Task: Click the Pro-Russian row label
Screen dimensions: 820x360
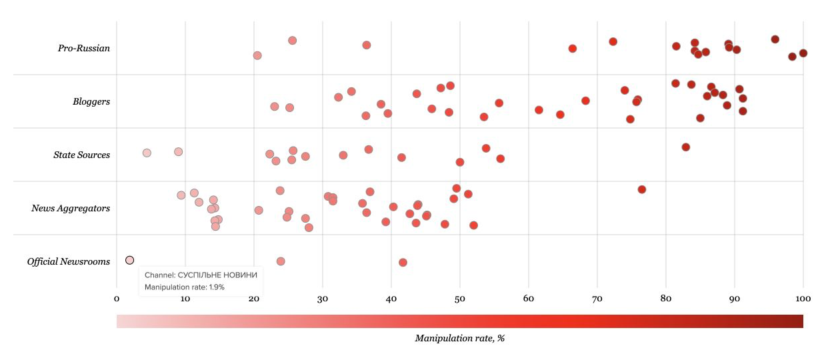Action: (84, 48)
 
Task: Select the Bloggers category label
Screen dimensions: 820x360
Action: (91, 101)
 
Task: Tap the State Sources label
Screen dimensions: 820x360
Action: (81, 155)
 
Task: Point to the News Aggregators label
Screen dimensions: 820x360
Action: (71, 208)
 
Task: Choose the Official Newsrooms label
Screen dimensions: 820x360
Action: (69, 261)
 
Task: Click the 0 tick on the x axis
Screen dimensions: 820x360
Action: (117, 299)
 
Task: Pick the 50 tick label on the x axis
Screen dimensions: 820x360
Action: (460, 299)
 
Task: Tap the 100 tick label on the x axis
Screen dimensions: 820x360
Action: (803, 299)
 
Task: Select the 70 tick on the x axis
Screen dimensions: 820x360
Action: (597, 299)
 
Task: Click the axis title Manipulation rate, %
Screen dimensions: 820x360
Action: (460, 338)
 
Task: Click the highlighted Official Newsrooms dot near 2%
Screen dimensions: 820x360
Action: (129, 260)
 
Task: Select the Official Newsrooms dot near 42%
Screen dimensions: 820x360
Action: (403, 262)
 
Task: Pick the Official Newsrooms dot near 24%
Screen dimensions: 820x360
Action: (281, 261)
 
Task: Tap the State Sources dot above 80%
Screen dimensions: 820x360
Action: (685, 147)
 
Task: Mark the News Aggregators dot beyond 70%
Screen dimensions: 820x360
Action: (642, 189)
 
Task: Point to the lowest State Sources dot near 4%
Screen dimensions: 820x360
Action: (147, 153)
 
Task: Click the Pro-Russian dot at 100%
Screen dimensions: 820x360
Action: (803, 53)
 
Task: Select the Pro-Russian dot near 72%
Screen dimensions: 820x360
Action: (613, 41)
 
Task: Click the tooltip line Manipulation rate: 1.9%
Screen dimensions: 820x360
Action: (185, 287)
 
